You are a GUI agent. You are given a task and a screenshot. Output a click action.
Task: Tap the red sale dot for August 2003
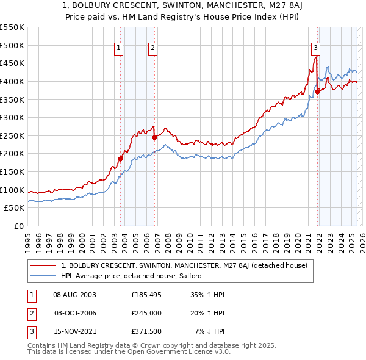[120, 159]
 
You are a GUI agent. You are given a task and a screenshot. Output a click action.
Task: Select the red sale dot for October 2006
[154, 137]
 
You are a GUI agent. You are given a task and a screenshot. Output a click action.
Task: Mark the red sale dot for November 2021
[317, 92]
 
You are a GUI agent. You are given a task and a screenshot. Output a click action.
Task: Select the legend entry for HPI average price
[134, 276]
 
